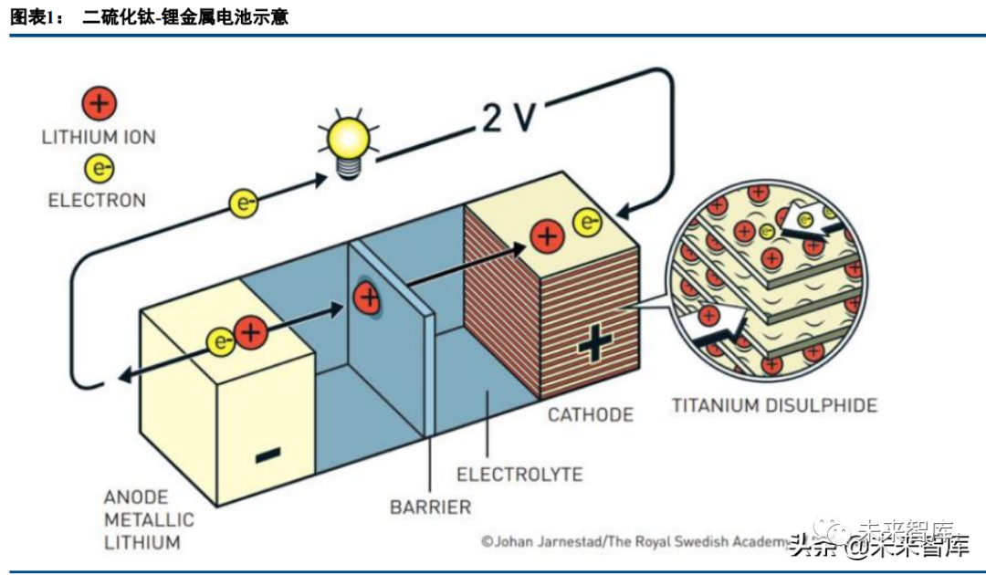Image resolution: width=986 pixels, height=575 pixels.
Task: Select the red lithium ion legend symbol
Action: (100, 103)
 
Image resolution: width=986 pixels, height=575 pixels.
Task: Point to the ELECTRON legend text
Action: (97, 200)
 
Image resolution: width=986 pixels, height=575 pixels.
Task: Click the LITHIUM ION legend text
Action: (99, 138)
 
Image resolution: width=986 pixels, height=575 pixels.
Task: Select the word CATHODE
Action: (590, 415)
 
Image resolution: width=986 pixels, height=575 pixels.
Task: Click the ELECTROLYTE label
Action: (519, 475)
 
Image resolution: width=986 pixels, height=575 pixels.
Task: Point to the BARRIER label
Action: (430, 507)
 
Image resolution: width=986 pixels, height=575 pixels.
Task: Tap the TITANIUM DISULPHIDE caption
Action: (774, 405)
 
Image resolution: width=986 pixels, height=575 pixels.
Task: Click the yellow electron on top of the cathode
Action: (587, 221)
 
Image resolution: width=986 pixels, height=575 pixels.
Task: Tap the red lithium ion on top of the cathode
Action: (548, 237)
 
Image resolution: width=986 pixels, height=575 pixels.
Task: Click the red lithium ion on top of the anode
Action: (250, 334)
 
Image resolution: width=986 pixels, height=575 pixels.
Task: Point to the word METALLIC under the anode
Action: (149, 520)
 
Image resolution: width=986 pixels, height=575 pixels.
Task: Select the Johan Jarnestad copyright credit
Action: (634, 541)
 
